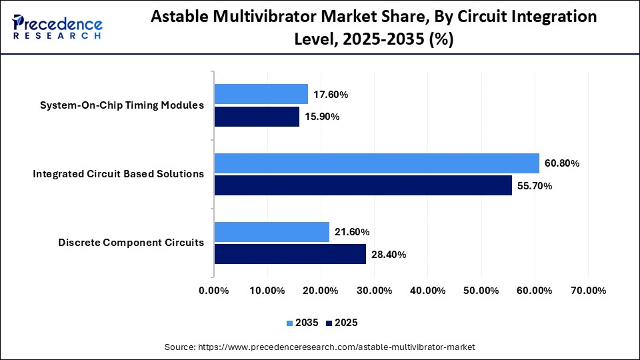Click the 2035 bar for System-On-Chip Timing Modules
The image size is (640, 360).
tap(261, 94)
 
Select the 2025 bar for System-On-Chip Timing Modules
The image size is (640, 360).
tap(256, 117)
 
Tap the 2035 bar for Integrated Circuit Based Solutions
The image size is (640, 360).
tap(376, 163)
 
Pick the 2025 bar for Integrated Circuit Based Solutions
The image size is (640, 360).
tap(363, 185)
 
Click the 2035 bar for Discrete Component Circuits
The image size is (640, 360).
tap(271, 231)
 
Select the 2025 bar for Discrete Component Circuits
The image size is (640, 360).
tap(289, 254)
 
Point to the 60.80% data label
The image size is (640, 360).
tap(561, 163)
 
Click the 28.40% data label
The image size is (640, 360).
tap(388, 255)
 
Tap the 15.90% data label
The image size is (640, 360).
tap(321, 117)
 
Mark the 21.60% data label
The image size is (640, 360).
tap(351, 232)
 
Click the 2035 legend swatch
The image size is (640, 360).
tap(290, 323)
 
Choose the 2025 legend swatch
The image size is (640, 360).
tap(329, 323)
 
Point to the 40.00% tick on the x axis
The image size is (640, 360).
tap(427, 291)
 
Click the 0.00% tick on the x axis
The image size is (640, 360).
tap(213, 291)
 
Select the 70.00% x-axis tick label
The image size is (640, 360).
tap(588, 291)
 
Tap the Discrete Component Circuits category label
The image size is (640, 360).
tap(131, 243)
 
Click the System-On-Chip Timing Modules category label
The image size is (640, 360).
tap(121, 105)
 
